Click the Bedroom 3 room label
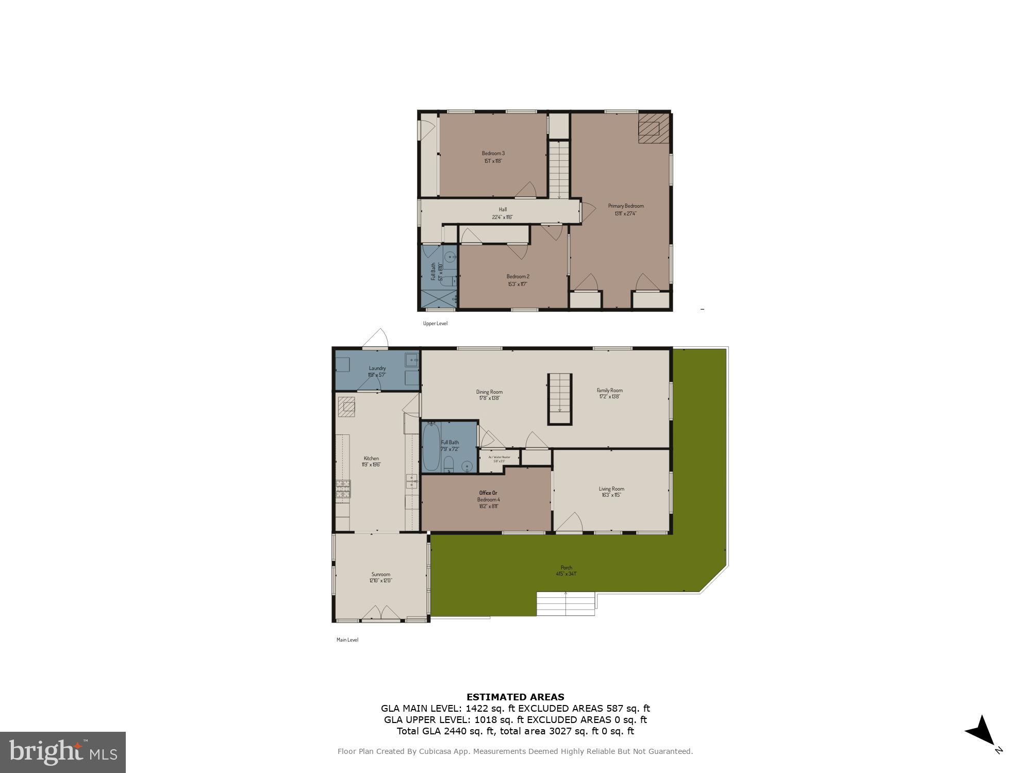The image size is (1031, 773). point(493,157)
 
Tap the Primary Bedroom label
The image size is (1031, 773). point(625,209)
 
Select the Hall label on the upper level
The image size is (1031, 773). point(502,213)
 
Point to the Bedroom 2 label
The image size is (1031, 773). point(518,280)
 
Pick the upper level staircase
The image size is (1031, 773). point(558,170)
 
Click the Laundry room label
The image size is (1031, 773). point(377,371)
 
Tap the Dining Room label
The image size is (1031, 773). point(489,395)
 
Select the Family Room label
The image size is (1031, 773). point(609,393)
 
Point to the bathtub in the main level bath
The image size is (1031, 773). point(431,446)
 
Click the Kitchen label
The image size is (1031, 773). point(371,461)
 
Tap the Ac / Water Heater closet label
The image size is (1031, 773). point(499,459)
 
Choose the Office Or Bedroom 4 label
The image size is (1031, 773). point(488,499)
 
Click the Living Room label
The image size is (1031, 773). point(611,492)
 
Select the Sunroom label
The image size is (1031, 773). point(381,577)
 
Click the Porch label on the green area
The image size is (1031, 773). point(566,570)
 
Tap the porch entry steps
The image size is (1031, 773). point(566,603)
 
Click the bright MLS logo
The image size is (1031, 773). point(63,752)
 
